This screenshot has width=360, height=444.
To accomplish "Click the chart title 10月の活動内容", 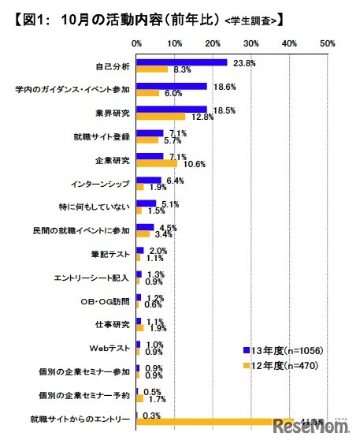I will [x=118, y=17].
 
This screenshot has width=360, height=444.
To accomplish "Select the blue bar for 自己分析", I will [x=182, y=62].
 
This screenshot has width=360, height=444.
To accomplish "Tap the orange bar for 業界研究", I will [x=161, y=117].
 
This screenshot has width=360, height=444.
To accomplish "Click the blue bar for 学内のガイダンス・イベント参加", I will [x=172, y=85].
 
